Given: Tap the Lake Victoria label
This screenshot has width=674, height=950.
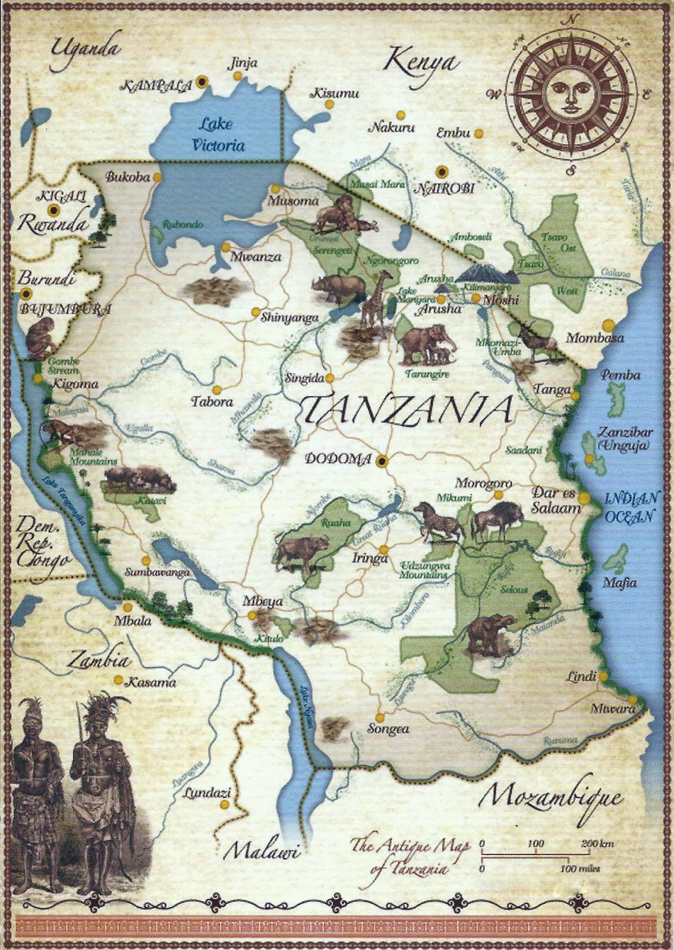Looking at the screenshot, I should pos(216,134).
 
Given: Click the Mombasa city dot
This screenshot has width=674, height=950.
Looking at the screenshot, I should pos(608,325).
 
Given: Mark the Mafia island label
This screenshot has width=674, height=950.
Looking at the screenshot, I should pos(619,582).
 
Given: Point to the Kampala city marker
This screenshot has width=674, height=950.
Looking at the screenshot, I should pos(203,81).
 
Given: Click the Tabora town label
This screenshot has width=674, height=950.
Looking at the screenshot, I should pos(212,402).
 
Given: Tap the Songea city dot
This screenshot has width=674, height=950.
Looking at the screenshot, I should pos(379,715).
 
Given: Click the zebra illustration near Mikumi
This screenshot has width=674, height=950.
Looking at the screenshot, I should pos(440,521).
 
